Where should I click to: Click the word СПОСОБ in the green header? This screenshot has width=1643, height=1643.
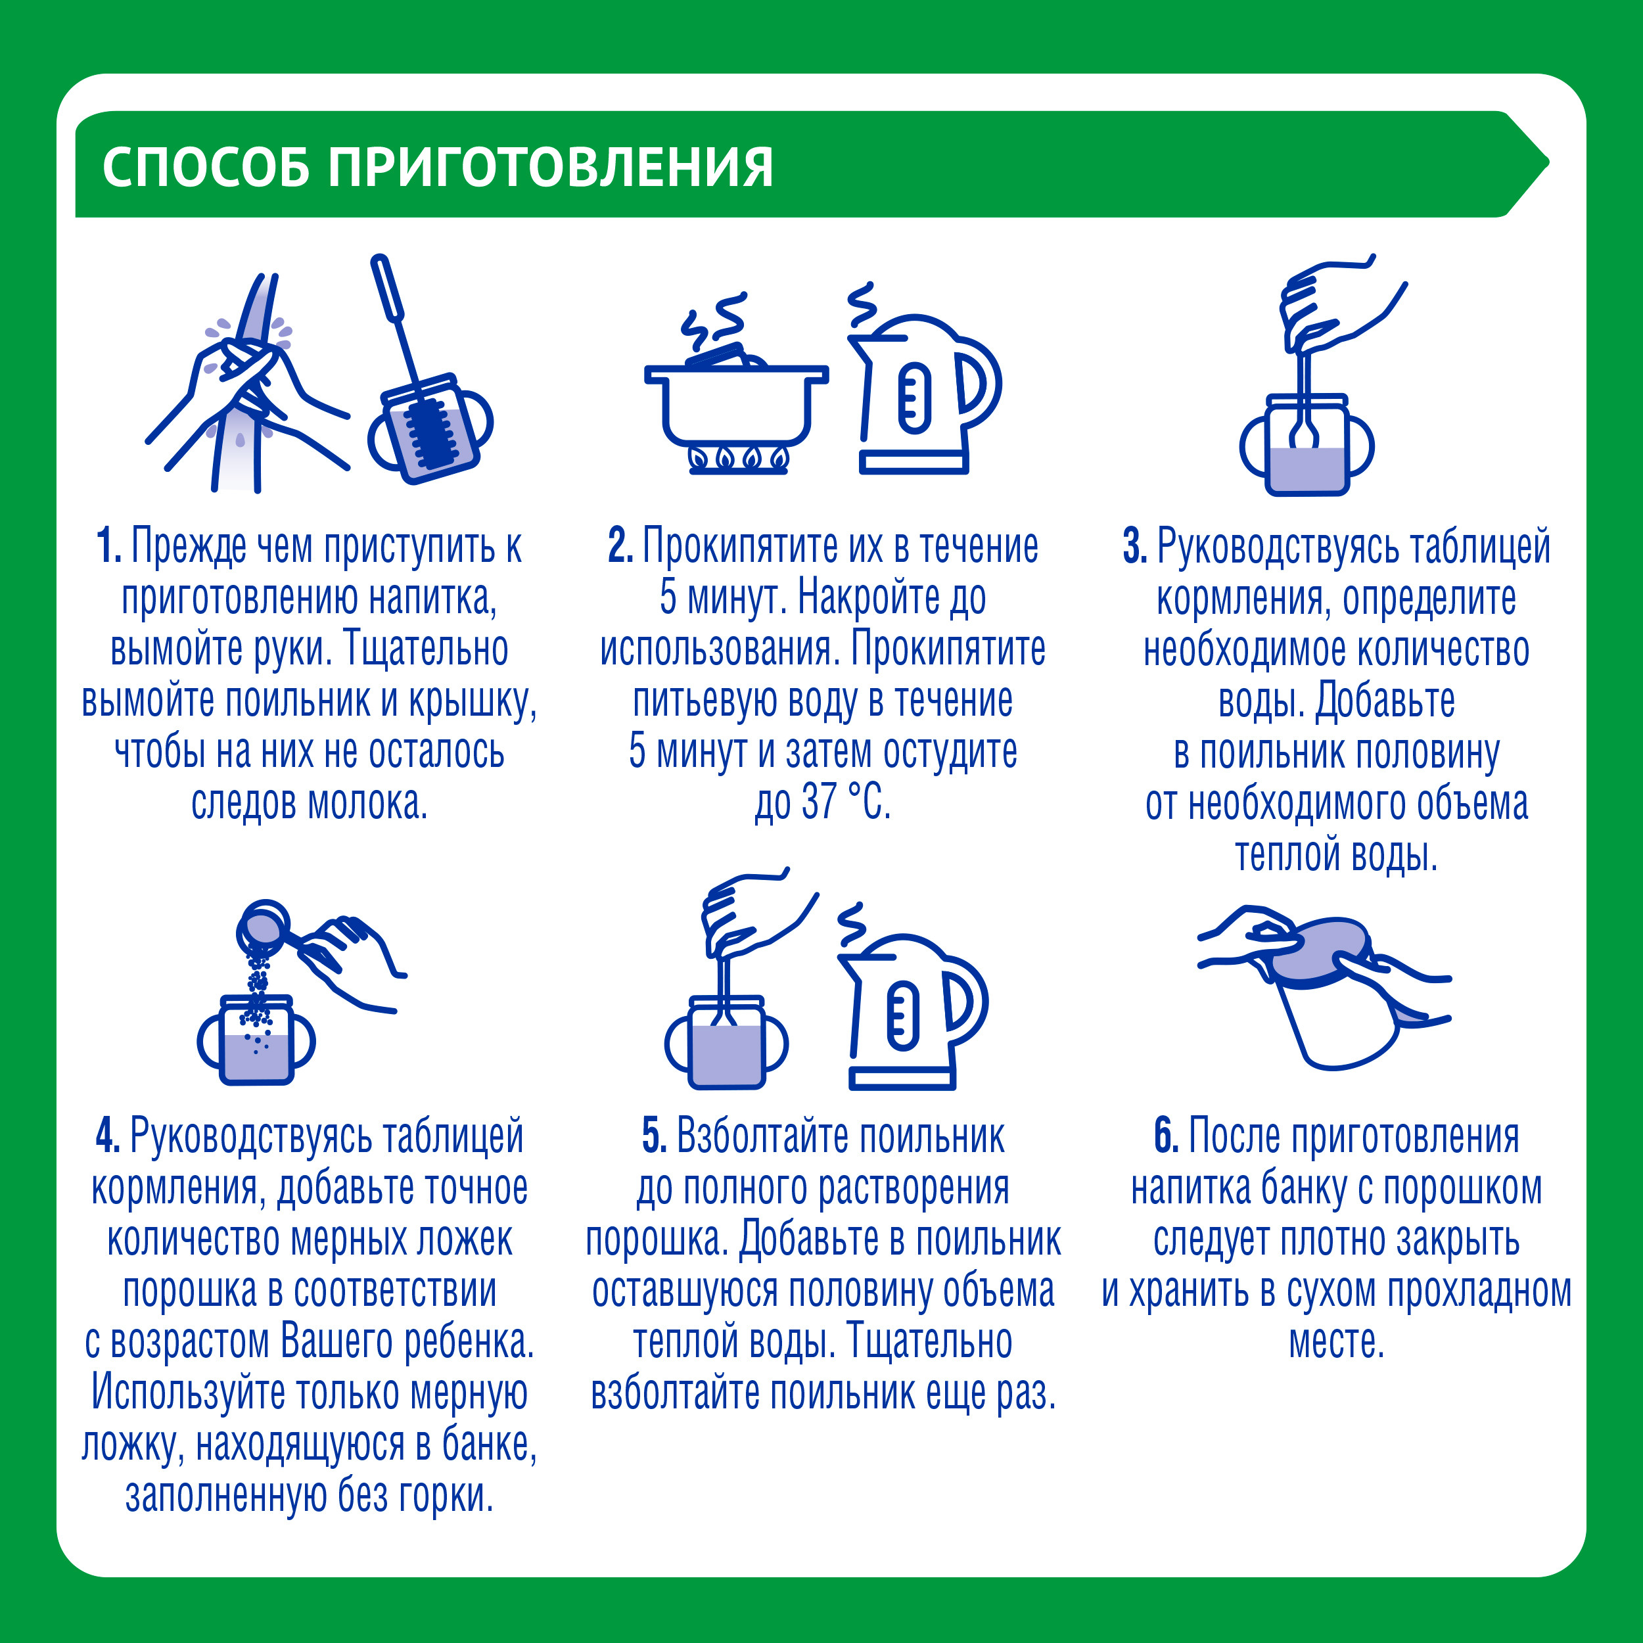point(206,167)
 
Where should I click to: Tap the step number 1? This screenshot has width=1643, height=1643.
point(108,546)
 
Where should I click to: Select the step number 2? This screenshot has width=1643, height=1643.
point(620,546)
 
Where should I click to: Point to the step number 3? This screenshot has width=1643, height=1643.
point(1134,546)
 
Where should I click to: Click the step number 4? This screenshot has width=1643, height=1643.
point(108,1136)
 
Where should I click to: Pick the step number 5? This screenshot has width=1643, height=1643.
point(654,1136)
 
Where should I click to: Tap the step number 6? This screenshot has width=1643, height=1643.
point(1166,1136)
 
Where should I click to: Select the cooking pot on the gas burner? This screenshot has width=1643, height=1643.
point(735,404)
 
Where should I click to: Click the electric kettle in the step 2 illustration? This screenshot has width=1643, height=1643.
point(923,396)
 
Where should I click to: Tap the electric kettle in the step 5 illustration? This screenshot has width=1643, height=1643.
point(910,1012)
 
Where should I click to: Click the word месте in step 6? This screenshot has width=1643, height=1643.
point(1336,1342)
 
